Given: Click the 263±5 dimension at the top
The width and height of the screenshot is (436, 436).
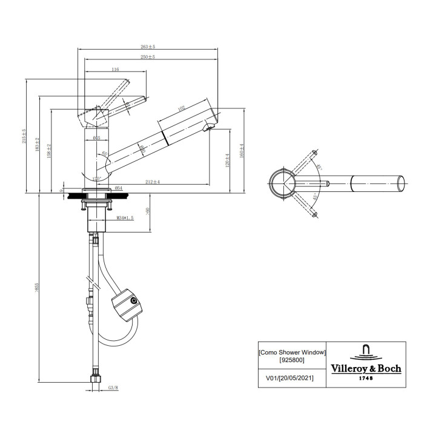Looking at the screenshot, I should (x=147, y=47).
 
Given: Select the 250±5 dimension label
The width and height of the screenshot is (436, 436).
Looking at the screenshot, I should (x=147, y=57).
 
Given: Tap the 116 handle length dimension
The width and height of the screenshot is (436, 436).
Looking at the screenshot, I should (x=114, y=70).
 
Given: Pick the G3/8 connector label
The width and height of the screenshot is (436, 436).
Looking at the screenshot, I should (x=113, y=388).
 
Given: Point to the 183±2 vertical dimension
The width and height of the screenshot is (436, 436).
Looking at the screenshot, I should (x=38, y=144).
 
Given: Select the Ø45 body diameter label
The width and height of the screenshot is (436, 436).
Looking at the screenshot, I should (x=96, y=139).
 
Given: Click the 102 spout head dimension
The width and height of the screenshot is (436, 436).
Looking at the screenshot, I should (x=182, y=109).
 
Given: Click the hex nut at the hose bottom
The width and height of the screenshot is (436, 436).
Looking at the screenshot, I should (x=94, y=381).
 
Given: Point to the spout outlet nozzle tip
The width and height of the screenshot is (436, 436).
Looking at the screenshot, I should (x=210, y=126).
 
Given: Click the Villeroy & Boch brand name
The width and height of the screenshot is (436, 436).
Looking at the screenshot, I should (x=365, y=368).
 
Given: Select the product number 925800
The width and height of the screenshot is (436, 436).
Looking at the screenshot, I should (x=292, y=360).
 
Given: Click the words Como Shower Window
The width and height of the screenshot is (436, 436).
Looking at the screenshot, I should (x=292, y=352).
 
